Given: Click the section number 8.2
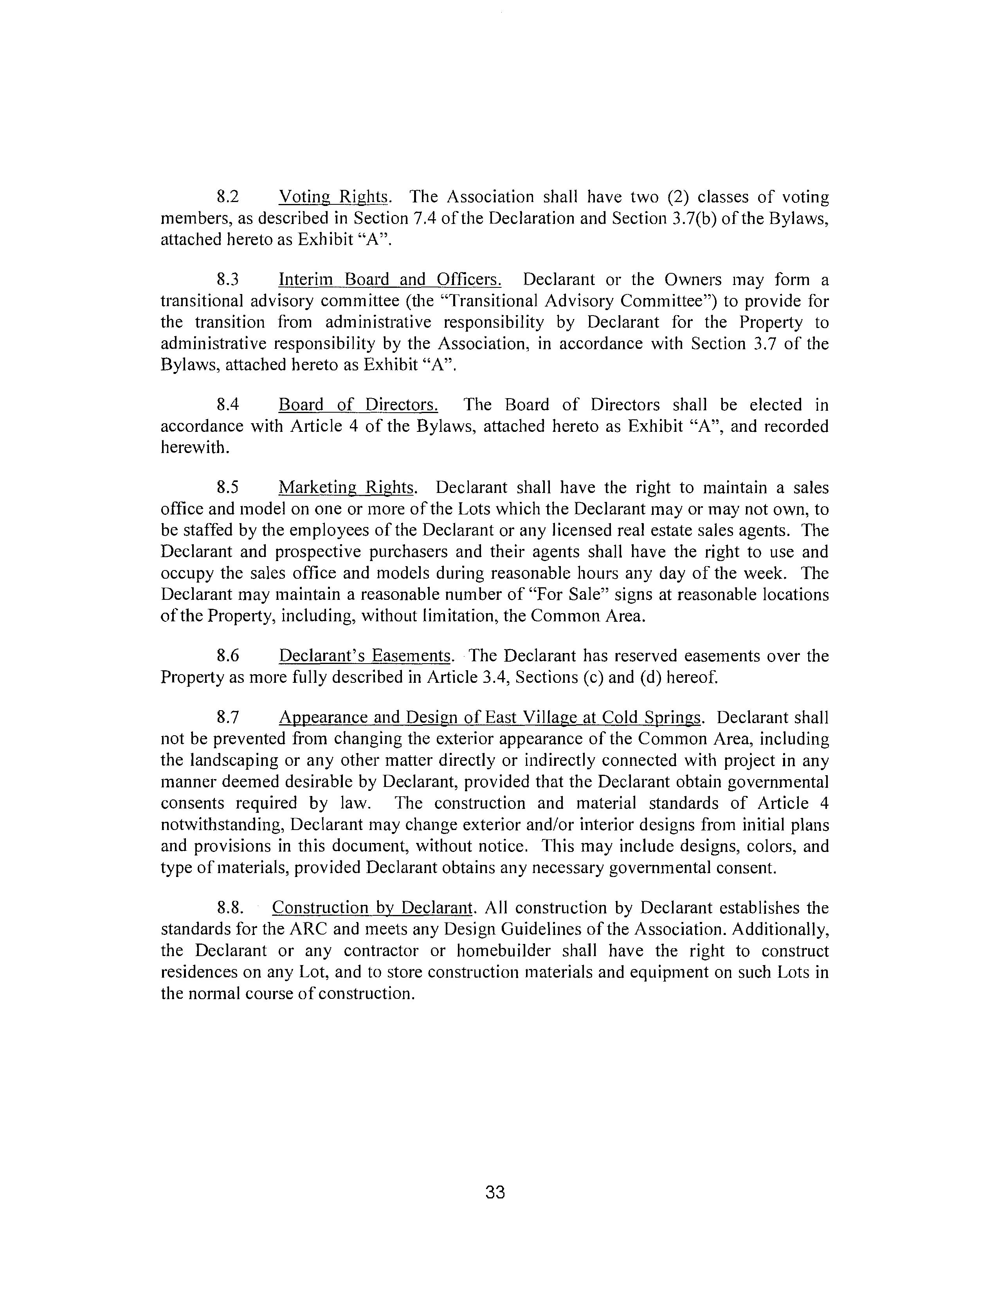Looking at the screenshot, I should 228,197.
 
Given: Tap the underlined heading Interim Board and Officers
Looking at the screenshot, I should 390,279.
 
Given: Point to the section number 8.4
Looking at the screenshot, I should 228,405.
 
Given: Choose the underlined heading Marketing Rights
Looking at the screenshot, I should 348,488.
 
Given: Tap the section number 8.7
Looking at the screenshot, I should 228,718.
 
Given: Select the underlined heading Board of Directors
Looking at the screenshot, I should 358,405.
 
